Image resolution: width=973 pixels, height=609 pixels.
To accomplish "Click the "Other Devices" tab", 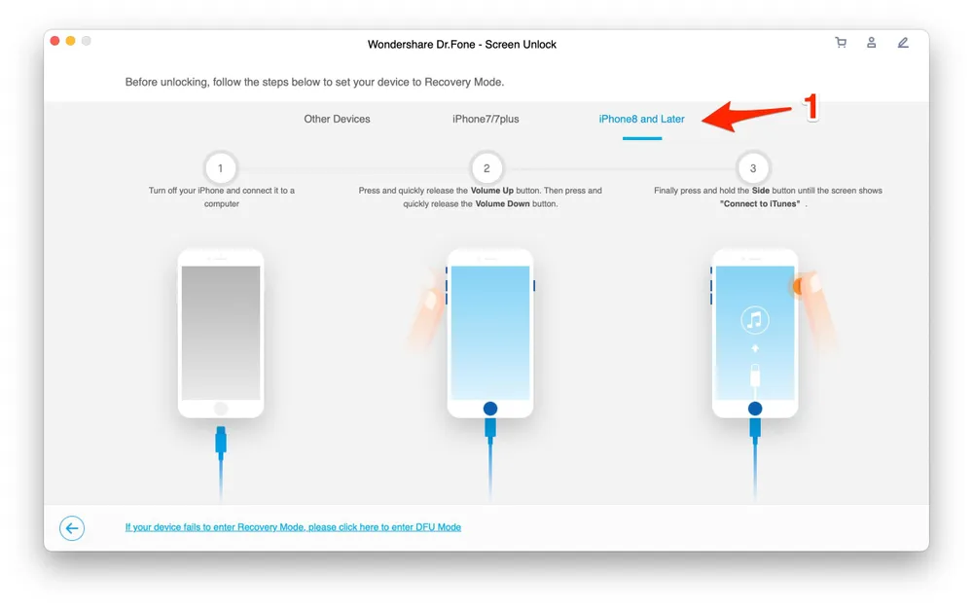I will coord(337,119).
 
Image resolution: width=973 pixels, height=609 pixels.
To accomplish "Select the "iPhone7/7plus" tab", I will coord(486,119).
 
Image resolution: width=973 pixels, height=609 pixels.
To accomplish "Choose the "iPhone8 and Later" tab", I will coord(641,119).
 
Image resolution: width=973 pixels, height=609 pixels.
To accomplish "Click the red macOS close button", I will coord(54,41).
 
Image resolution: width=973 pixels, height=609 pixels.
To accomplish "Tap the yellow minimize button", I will coord(70,41).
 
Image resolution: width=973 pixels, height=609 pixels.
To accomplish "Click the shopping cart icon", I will coord(841,43).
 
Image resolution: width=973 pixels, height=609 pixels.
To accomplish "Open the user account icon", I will coord(872,43).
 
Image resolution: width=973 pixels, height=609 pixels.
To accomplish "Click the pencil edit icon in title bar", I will coord(903,43).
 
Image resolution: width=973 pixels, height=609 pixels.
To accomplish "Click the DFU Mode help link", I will coord(293,527).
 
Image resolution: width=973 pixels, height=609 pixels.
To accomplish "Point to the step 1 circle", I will coord(221,168).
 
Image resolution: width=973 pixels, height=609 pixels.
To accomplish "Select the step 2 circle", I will coord(486,168).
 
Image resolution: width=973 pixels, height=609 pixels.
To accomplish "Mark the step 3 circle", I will coord(753,168).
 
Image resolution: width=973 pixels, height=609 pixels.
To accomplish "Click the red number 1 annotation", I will coord(809,108).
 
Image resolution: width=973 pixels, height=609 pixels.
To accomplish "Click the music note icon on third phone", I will coord(754,319).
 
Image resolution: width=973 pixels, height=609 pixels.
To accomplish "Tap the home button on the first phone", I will coord(221,409).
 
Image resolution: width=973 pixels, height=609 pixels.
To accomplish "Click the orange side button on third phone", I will coord(798,285).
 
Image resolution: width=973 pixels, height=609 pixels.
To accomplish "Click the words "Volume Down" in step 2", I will coord(503,204).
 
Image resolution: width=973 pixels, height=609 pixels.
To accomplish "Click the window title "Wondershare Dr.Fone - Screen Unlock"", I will coord(462,45).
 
